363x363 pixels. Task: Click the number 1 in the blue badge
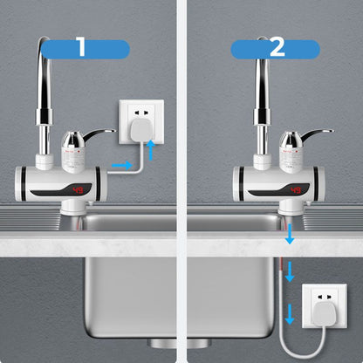coord(81,46)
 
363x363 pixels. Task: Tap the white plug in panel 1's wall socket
coord(143,131)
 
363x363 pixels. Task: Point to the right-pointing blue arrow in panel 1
coord(126,163)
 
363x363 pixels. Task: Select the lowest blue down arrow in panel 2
coord(289,315)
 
